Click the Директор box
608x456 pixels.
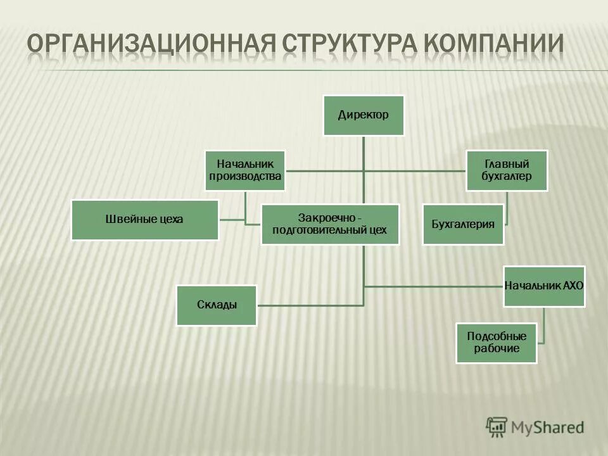pyautogui.click(x=363, y=115)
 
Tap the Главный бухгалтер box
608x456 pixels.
pyautogui.click(x=507, y=170)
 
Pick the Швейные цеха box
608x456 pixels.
pyautogui.click(x=144, y=220)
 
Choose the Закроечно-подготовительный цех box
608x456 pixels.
pyautogui.click(x=329, y=224)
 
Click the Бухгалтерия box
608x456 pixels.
pyautogui.click(x=463, y=224)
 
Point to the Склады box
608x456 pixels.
pyautogui.click(x=216, y=305)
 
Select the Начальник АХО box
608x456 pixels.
pyautogui.click(x=544, y=286)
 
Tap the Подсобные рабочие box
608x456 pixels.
pyautogui.click(x=497, y=343)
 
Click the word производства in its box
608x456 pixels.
pyautogui.click(x=245, y=177)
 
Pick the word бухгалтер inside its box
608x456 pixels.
pyautogui.click(x=507, y=177)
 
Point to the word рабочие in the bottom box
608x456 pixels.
pyautogui.click(x=497, y=348)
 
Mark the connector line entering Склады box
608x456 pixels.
pyautogui.click(x=310, y=306)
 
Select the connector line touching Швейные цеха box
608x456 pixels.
pyautogui.click(x=232, y=220)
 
